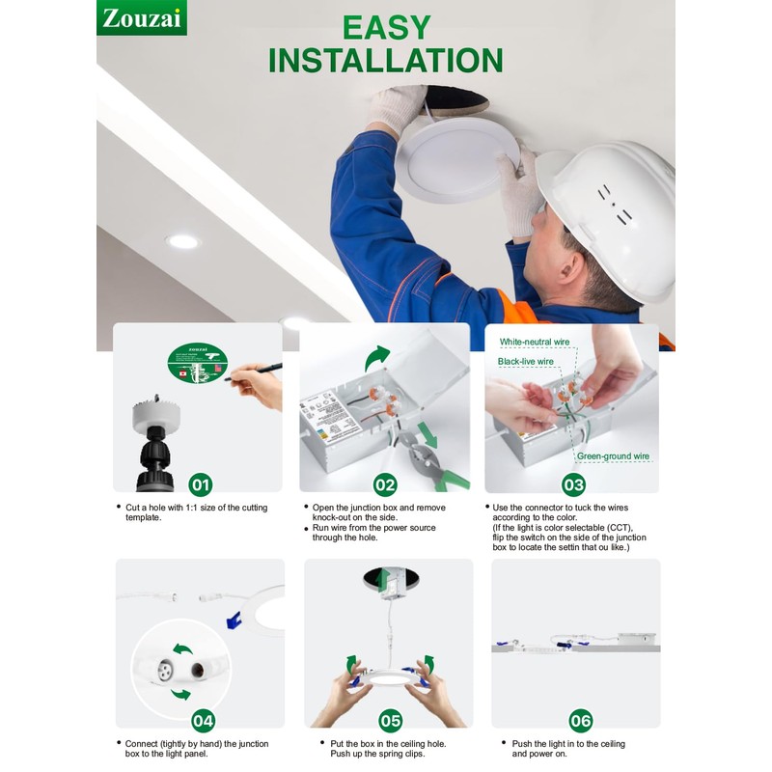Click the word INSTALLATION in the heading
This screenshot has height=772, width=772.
385,60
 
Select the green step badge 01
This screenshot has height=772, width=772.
200,484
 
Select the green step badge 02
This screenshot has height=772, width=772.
385,484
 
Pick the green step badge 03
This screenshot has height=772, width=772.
573,484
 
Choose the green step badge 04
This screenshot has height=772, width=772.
203,720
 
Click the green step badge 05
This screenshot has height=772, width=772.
390,720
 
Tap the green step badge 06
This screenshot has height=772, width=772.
580,720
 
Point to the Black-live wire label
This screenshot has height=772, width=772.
526,361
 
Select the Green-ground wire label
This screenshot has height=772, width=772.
613,455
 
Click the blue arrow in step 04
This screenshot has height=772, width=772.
234,620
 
